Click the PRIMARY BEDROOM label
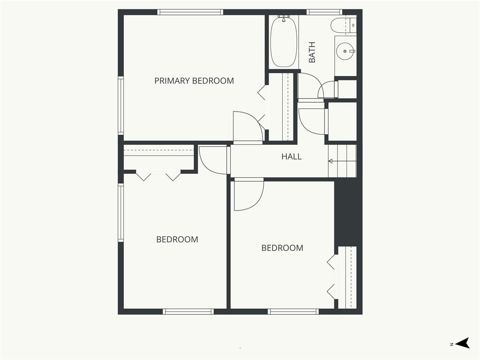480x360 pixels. (194, 81)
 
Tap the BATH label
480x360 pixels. (312, 52)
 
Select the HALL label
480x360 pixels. (292, 157)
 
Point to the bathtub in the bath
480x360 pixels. (284, 41)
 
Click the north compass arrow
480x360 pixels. (462, 343)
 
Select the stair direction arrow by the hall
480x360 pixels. (342, 161)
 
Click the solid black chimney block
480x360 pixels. (348, 212)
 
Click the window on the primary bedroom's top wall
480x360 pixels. (190, 12)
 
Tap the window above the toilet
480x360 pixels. (324, 12)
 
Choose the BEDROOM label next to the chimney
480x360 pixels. (282, 248)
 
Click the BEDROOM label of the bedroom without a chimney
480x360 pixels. (177, 240)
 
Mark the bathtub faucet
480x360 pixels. (284, 18)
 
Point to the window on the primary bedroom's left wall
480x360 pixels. (121, 105)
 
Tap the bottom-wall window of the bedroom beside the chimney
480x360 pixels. (293, 312)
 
